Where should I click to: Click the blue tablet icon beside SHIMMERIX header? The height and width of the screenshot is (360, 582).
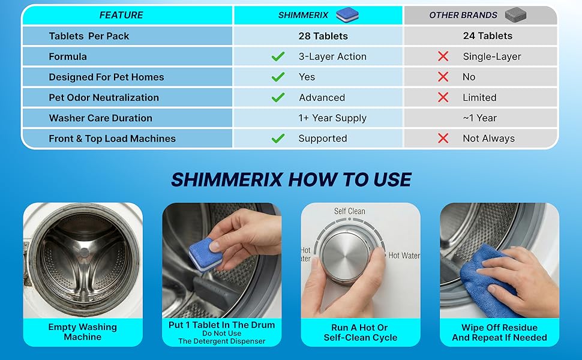pyautogui.click(x=347, y=15)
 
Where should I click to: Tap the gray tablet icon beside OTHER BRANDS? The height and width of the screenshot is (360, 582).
pyautogui.click(x=515, y=15)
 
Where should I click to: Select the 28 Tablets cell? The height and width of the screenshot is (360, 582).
pyautogui.click(x=323, y=36)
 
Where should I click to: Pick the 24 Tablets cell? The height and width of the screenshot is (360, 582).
pyautogui.click(x=488, y=35)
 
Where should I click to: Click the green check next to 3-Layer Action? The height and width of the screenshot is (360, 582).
pyautogui.click(x=278, y=56)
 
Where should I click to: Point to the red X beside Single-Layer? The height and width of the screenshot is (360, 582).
pyautogui.click(x=443, y=56)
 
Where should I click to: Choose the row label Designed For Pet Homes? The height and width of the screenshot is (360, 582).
pyautogui.click(x=106, y=77)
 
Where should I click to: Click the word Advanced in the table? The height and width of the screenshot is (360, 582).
pyautogui.click(x=322, y=97)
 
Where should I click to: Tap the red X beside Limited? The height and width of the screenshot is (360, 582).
pyautogui.click(x=443, y=97)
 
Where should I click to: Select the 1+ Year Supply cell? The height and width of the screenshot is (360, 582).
pyautogui.click(x=332, y=118)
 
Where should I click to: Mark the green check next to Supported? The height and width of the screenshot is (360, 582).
pyautogui.click(x=278, y=139)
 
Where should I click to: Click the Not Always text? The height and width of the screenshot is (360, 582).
pyautogui.click(x=488, y=139)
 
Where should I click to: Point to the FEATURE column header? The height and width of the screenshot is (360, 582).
pyautogui.click(x=121, y=15)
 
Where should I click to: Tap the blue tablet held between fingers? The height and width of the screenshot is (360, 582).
pyautogui.click(x=205, y=254)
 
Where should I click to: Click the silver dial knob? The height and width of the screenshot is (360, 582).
pyautogui.click(x=346, y=257)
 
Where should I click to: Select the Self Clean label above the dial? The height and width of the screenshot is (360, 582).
pyautogui.click(x=350, y=211)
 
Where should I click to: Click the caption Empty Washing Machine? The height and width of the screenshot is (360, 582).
pyautogui.click(x=82, y=332)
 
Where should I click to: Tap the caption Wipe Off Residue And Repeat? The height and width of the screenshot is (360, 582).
pyautogui.click(x=499, y=332)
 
